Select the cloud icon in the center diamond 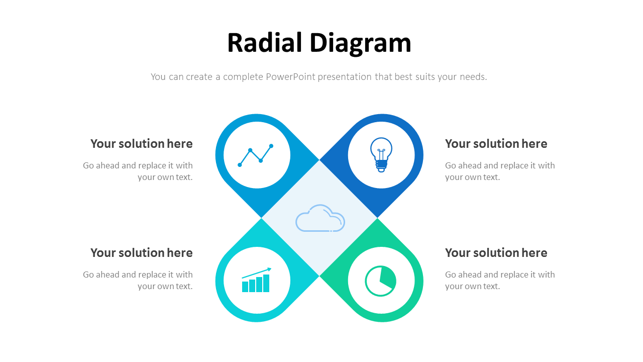tap(320, 218)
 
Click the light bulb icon tap(381, 154)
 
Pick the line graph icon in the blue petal tap(256, 155)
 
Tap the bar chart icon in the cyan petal tap(256, 281)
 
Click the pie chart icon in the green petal tap(381, 281)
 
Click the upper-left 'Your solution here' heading tap(142, 144)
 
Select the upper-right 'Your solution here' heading tap(496, 144)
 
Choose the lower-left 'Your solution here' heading tap(142, 253)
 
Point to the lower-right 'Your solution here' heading tap(496, 253)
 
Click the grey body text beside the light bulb tap(500, 171)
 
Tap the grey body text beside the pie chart tap(500, 281)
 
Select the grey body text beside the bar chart tap(138, 281)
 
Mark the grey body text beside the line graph tap(138, 171)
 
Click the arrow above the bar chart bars tap(257, 273)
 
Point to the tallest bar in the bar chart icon tap(266, 283)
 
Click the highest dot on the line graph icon tap(271, 146)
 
